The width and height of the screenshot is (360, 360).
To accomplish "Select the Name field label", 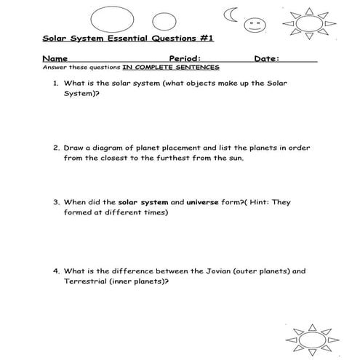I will pos(55,58).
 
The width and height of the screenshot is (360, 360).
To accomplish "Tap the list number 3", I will pos(55,203).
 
